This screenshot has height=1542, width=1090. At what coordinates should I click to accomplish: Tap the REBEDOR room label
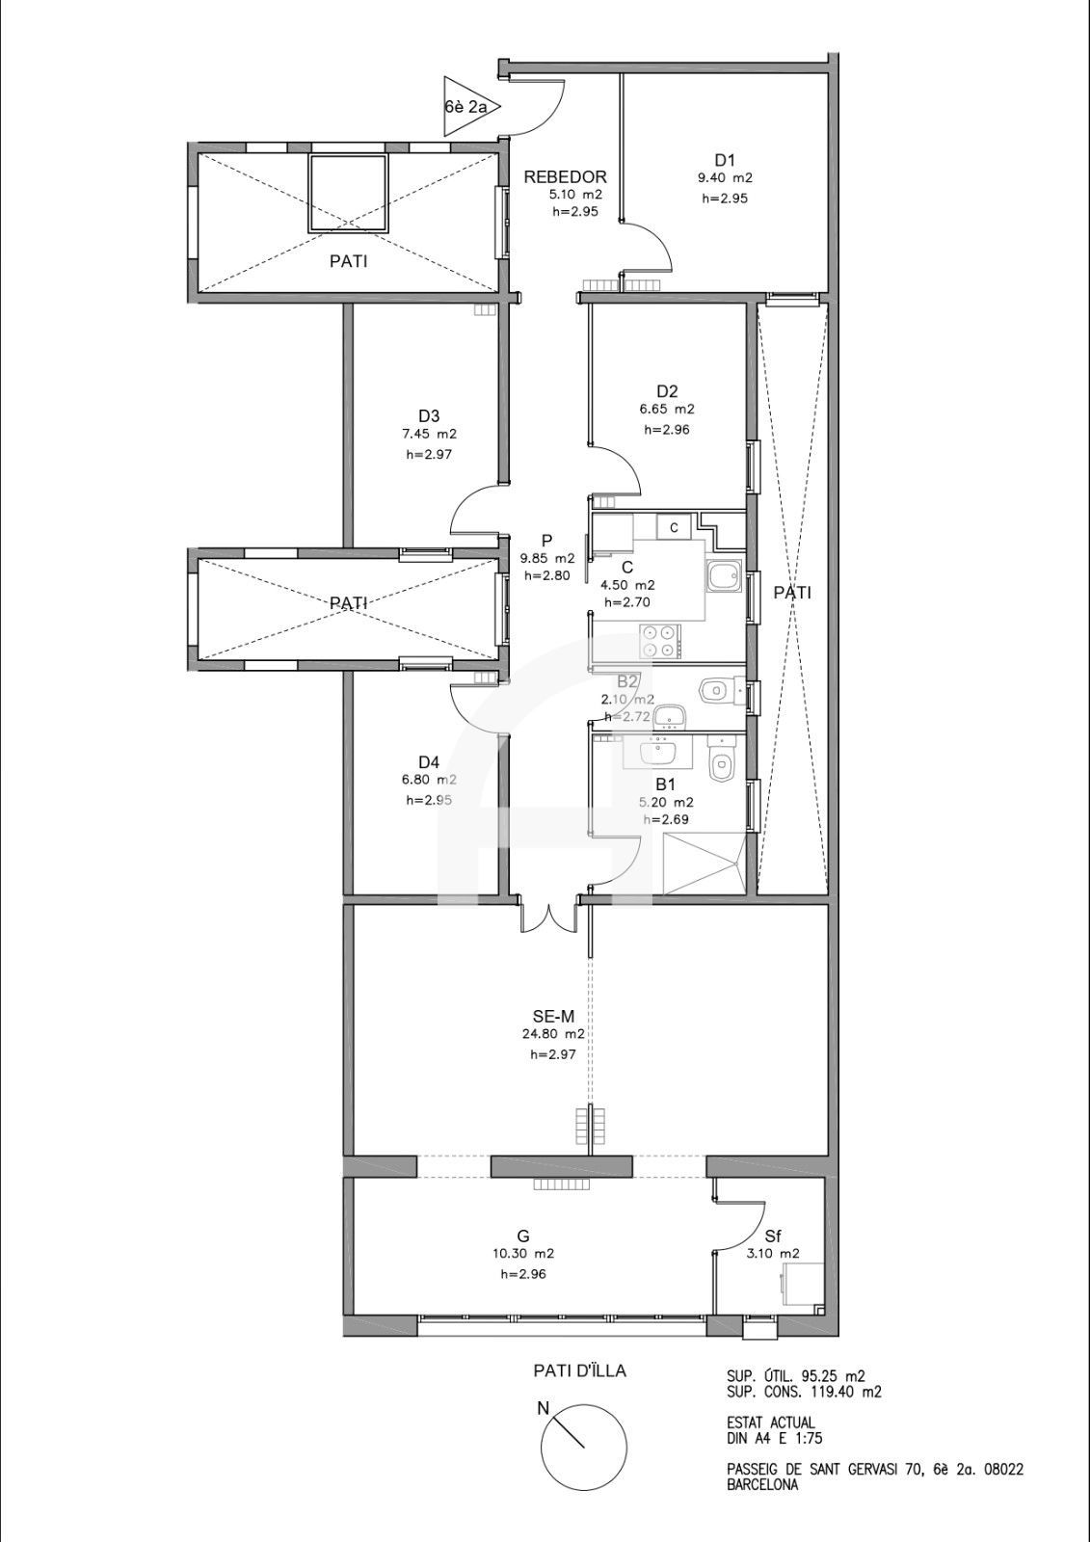tap(566, 177)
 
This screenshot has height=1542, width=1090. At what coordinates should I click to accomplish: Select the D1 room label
tap(725, 160)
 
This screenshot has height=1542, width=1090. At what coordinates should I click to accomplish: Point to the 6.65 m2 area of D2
tap(667, 409)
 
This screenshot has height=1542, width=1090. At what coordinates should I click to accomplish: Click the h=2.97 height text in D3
tap(428, 454)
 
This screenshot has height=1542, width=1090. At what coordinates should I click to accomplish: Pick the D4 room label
tap(428, 762)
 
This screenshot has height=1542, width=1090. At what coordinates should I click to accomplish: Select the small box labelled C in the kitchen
tap(674, 528)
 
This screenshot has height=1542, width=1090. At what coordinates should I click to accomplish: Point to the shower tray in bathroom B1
tap(704, 864)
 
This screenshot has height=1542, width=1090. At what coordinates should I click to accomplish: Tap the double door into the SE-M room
tap(548, 917)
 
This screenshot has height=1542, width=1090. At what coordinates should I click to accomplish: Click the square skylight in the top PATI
tap(349, 194)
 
